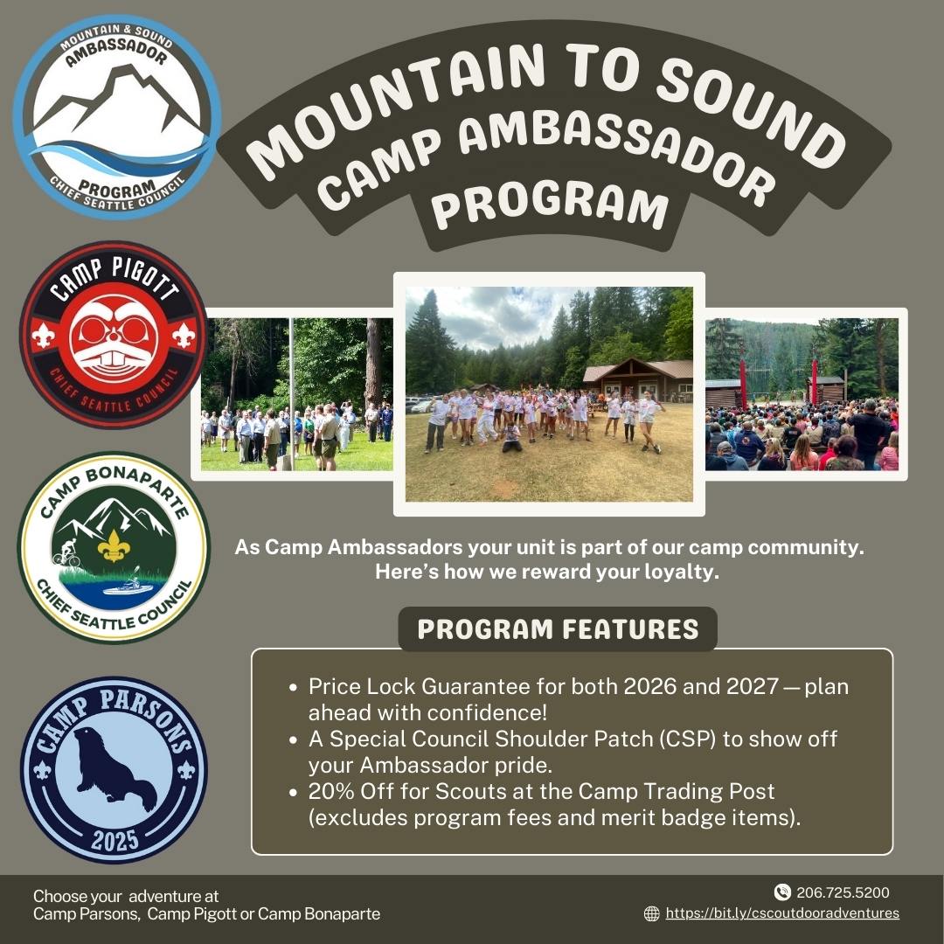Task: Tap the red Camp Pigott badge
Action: click(x=114, y=335)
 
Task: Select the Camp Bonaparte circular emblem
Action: click(x=114, y=546)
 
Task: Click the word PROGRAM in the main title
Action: click(x=551, y=205)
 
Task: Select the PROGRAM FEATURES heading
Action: click(x=558, y=629)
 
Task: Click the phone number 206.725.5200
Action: click(x=843, y=892)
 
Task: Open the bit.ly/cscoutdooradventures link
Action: click(x=782, y=913)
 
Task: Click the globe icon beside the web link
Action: click(x=651, y=913)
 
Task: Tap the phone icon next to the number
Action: click(x=782, y=892)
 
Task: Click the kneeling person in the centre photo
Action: click(x=511, y=437)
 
